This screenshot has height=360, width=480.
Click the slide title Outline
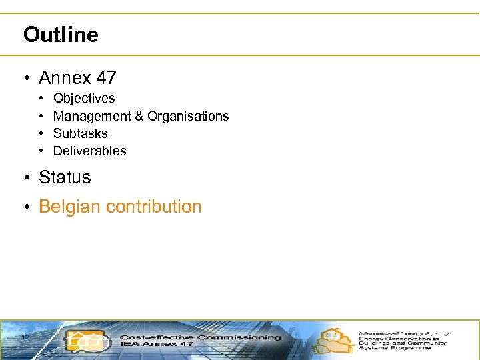[x=61, y=35]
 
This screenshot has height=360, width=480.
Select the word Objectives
[x=84, y=99]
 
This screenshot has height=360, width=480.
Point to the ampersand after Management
[x=139, y=116]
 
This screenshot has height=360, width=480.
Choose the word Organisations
[x=188, y=116]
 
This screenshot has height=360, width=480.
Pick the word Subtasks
[x=80, y=133]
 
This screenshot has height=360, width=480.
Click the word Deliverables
[x=89, y=151]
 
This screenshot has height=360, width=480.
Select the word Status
[x=65, y=177]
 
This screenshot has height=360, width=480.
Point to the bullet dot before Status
[x=25, y=178]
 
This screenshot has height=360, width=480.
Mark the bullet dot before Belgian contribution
[x=25, y=207]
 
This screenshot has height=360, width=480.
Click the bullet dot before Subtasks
[x=41, y=134]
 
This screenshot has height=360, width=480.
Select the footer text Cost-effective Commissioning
[x=200, y=337]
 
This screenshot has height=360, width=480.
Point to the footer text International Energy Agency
[x=404, y=333]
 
